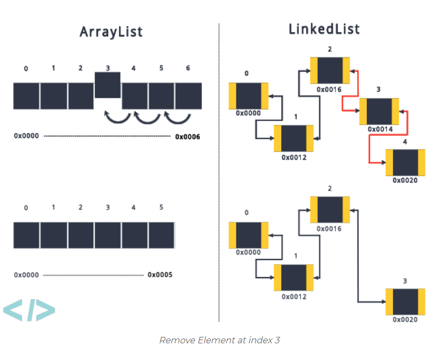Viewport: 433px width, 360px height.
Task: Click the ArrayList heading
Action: [x=111, y=31]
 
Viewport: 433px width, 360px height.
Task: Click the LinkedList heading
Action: [x=324, y=29]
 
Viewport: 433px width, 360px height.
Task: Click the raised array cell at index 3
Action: [x=107, y=84]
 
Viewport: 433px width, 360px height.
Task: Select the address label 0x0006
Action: [x=187, y=137]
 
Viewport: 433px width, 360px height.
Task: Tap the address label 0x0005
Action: [x=160, y=275]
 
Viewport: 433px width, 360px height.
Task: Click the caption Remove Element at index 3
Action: [x=219, y=340]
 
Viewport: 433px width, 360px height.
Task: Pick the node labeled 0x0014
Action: [x=379, y=111]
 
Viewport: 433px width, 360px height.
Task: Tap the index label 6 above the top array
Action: [x=187, y=68]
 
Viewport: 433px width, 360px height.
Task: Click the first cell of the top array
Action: [x=26, y=96]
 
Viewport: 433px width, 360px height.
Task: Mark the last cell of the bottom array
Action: [x=161, y=235]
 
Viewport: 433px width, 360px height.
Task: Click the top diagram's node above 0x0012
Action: [x=293, y=138]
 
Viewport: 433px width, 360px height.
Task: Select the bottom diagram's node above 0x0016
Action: [x=330, y=210]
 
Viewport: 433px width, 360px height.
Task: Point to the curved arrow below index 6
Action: [x=177, y=116]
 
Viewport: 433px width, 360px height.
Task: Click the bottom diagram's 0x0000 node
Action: [x=248, y=235]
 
